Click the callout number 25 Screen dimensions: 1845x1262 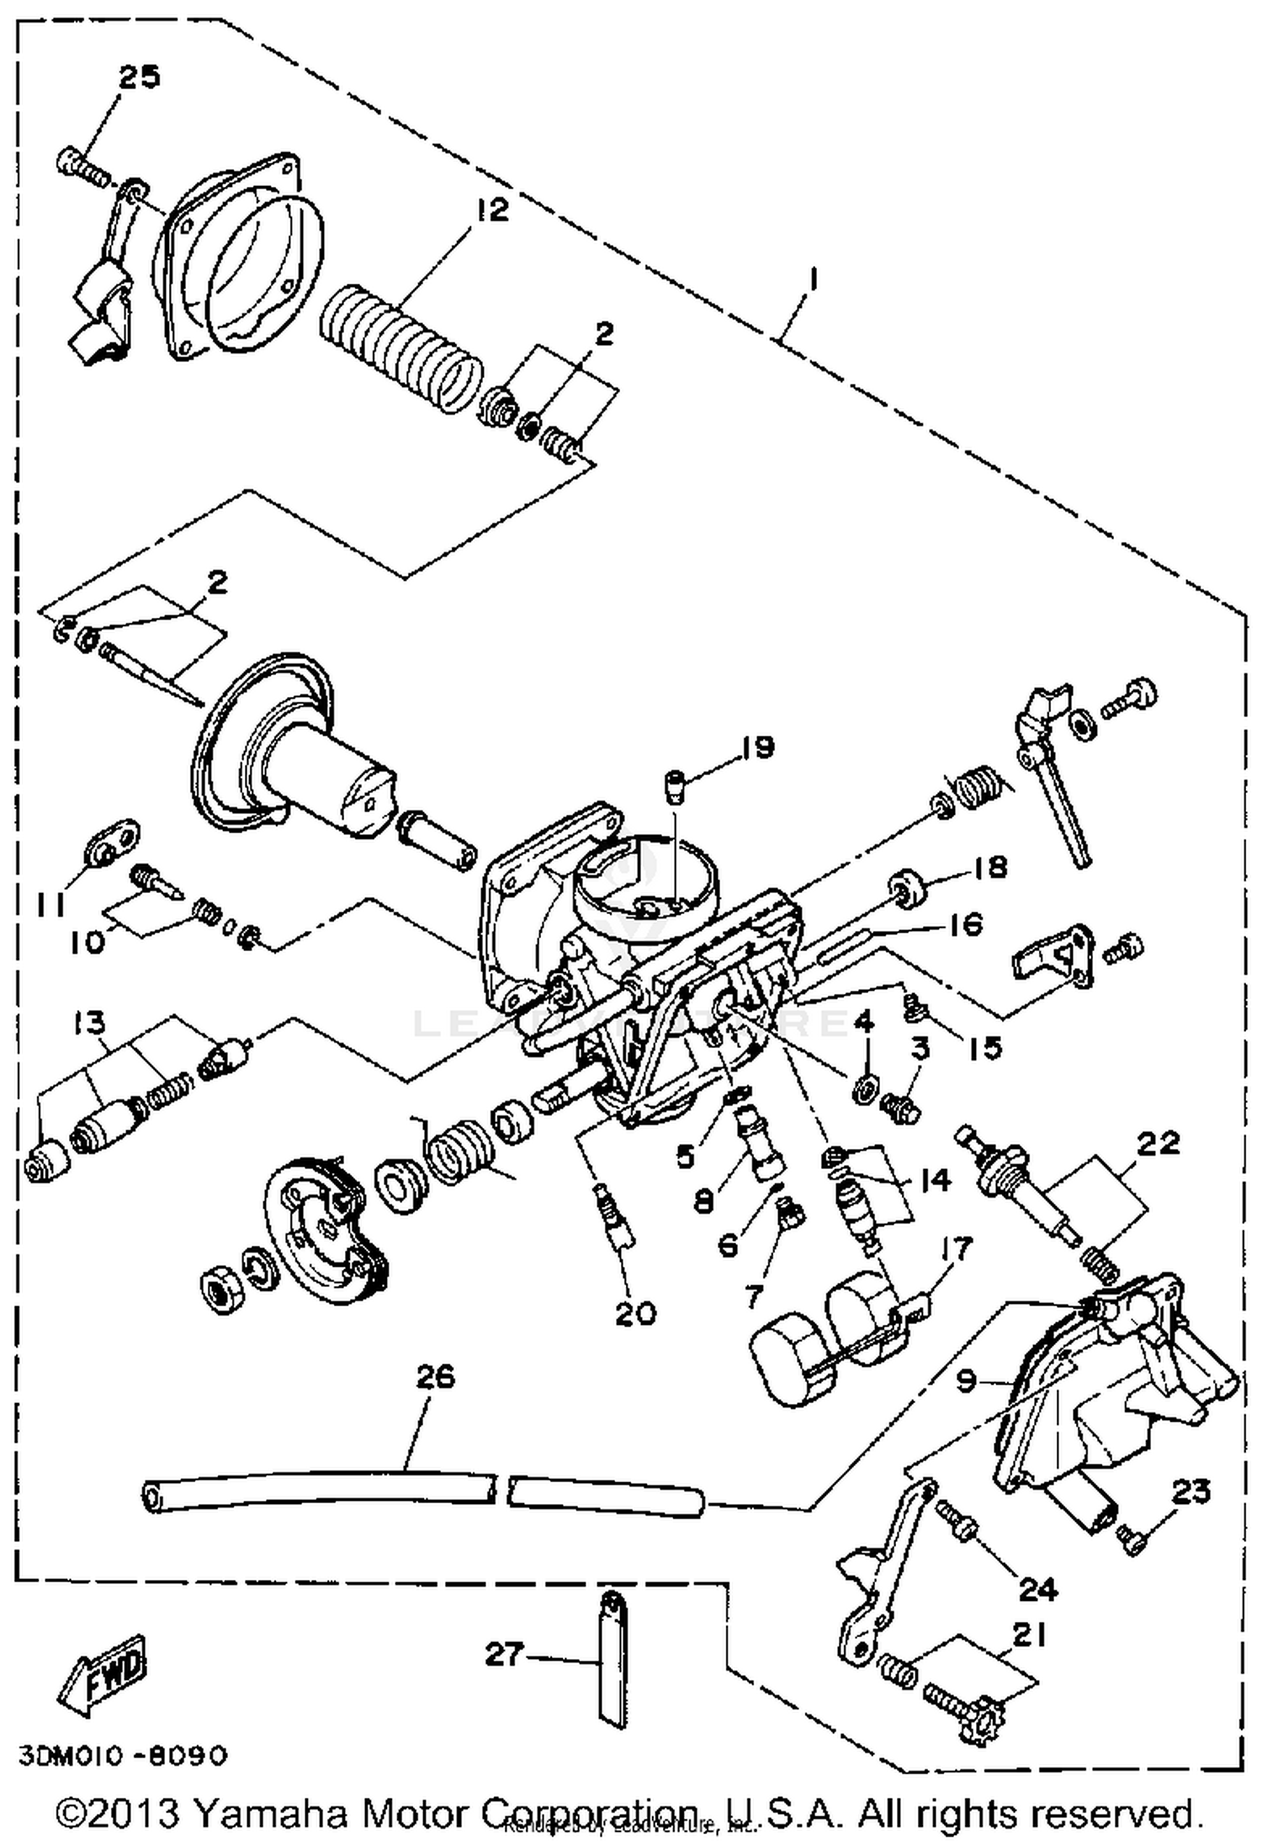tap(138, 77)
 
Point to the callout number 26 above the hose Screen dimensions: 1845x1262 tap(435, 1378)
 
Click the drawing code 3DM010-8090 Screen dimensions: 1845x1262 tap(123, 1757)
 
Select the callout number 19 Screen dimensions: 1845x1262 tap(757, 747)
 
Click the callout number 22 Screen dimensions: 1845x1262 tap(1158, 1143)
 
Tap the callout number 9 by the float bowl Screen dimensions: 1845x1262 tap(967, 1379)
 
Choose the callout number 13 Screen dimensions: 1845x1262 tap(89, 1023)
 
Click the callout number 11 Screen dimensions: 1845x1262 tap(51, 905)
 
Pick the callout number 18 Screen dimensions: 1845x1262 tap(989, 867)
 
